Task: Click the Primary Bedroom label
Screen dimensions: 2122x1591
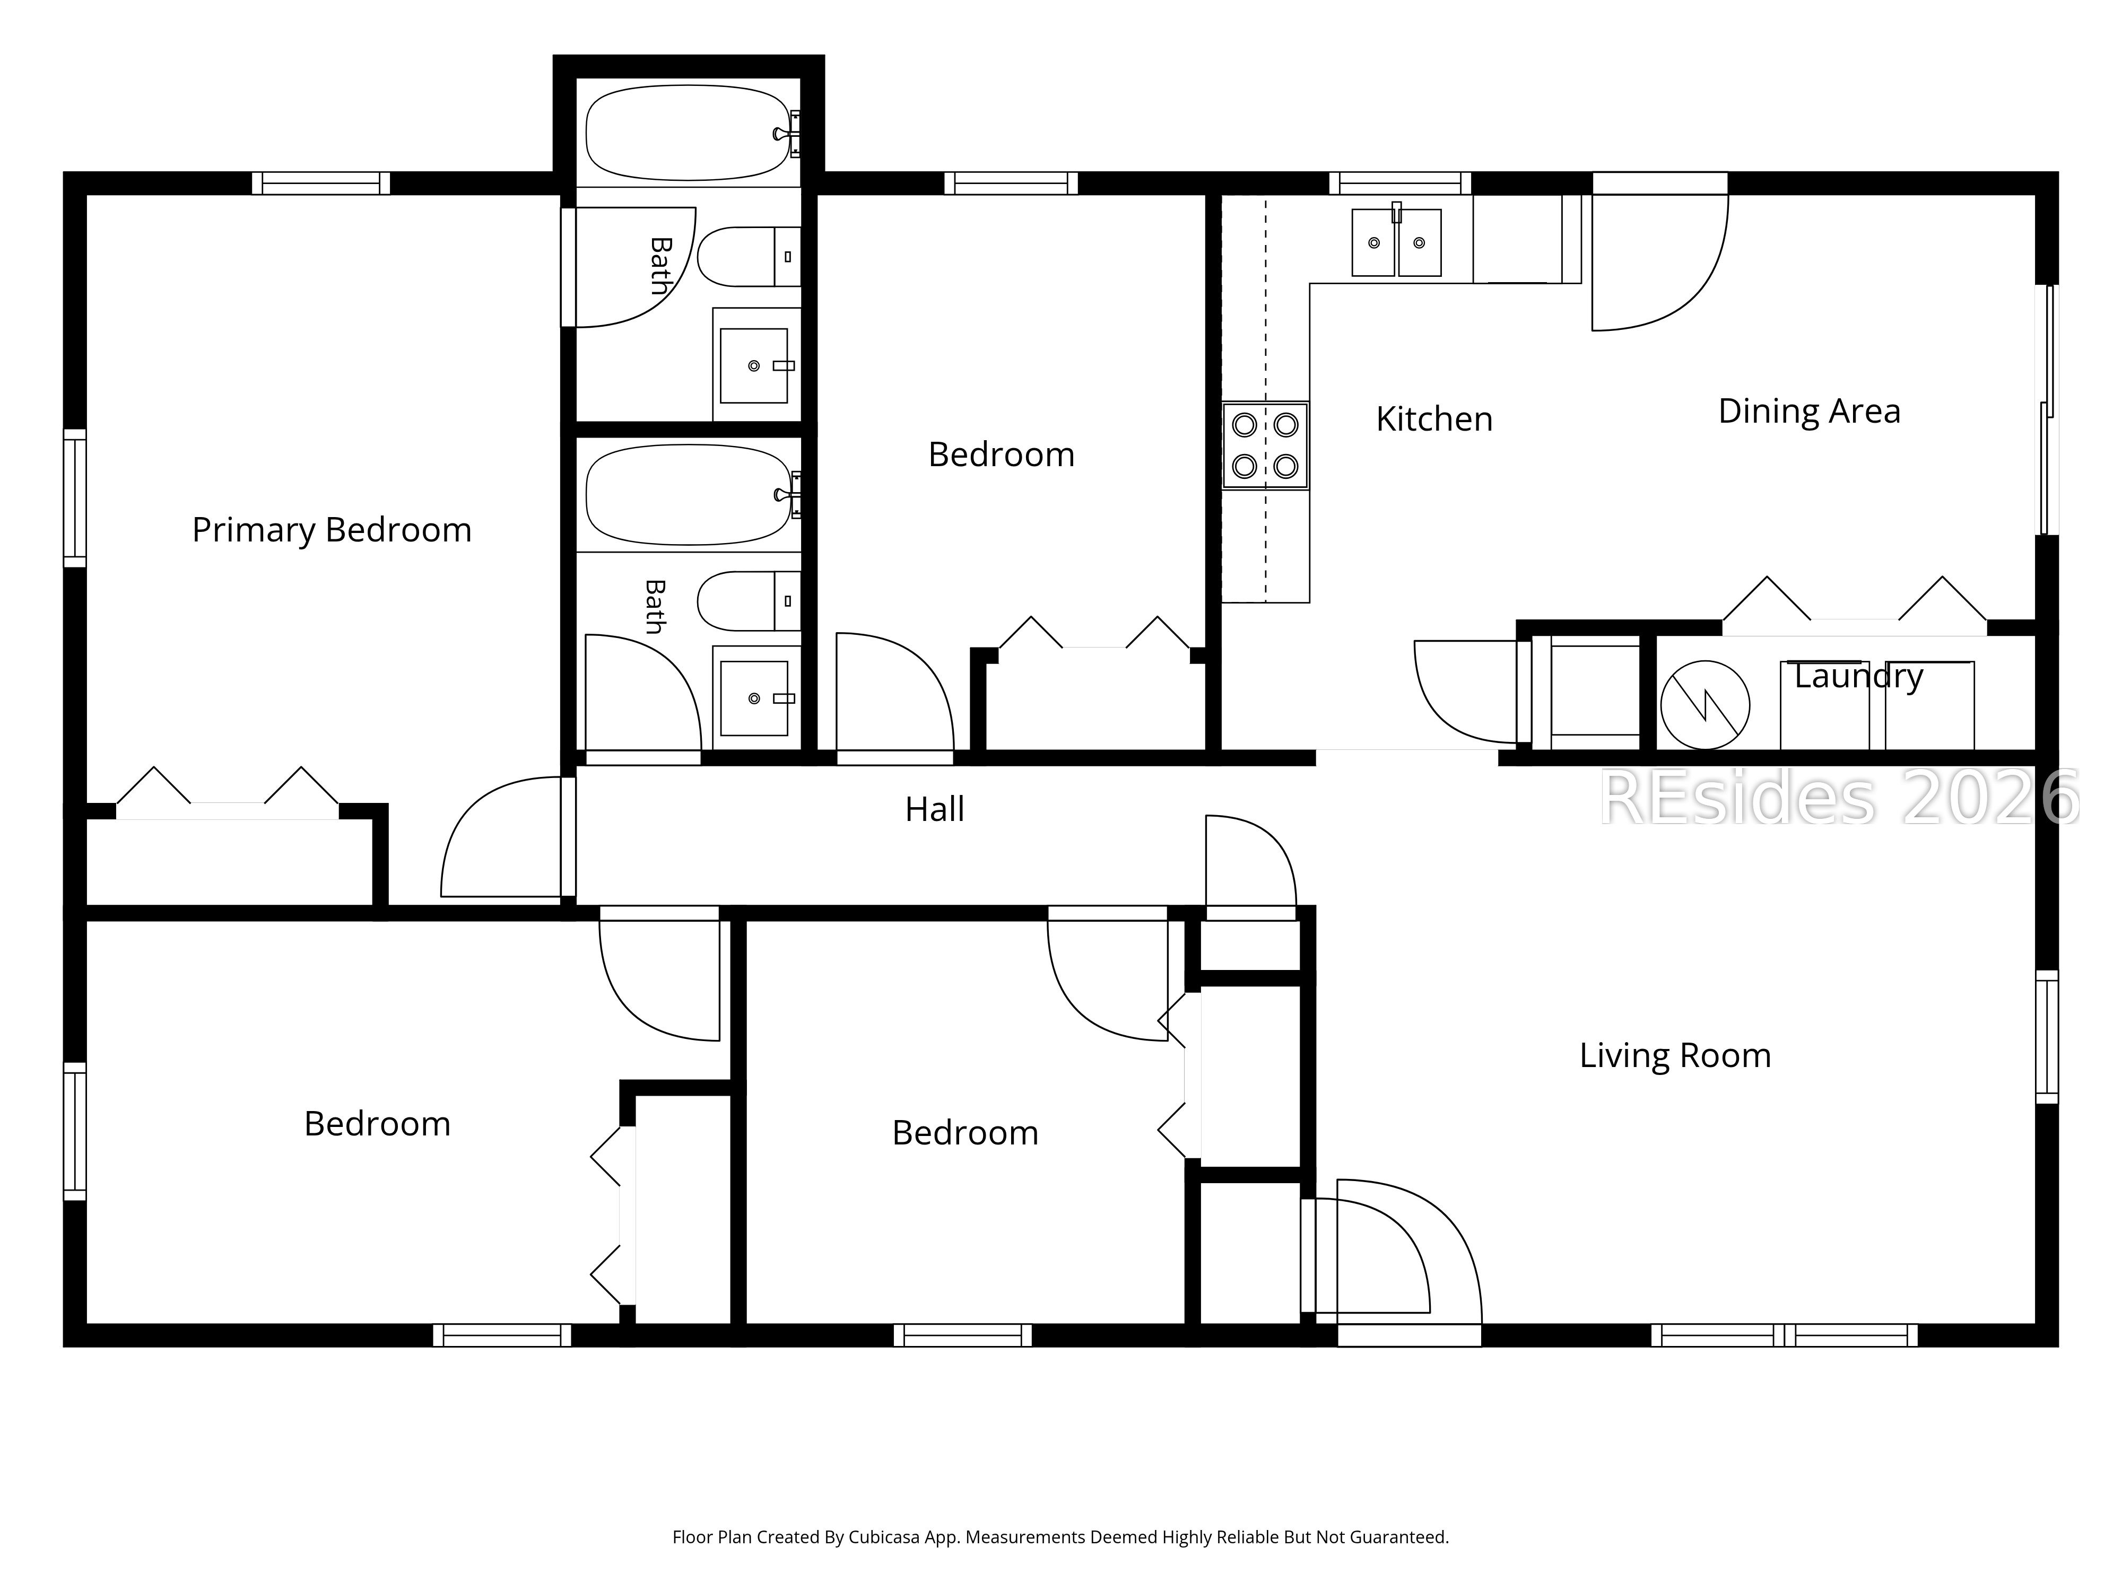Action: point(332,530)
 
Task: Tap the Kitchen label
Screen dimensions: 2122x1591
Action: point(1434,419)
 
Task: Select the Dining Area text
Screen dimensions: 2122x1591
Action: point(1809,412)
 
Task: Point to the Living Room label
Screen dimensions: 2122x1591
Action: point(1675,1056)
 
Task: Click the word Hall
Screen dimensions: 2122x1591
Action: point(934,809)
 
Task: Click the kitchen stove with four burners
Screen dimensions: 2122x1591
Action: point(1265,445)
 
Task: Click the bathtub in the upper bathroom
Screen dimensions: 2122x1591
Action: point(689,133)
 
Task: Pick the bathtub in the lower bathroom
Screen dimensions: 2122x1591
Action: point(689,495)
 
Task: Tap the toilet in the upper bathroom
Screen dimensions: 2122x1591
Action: point(748,257)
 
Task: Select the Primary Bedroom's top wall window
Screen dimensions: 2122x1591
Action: point(321,183)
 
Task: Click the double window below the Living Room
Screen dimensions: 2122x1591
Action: point(1784,1335)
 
